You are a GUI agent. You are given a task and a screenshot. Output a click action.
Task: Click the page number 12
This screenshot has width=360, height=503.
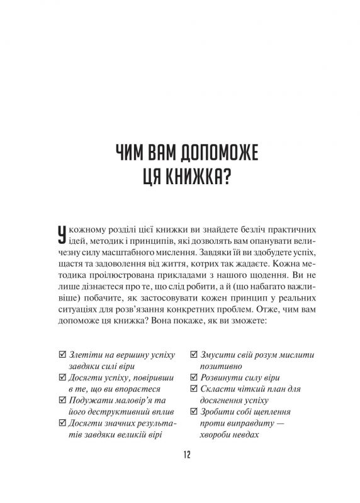[x=179, y=455]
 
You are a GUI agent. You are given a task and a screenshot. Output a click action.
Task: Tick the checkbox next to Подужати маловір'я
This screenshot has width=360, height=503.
[x=61, y=400]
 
